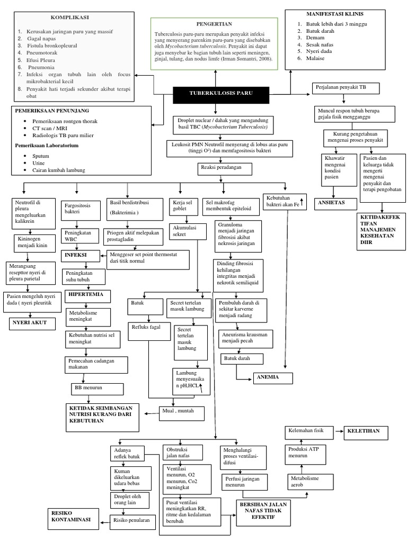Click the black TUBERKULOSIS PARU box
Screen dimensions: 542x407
(x=221, y=94)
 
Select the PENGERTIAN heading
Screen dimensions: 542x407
(x=214, y=24)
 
